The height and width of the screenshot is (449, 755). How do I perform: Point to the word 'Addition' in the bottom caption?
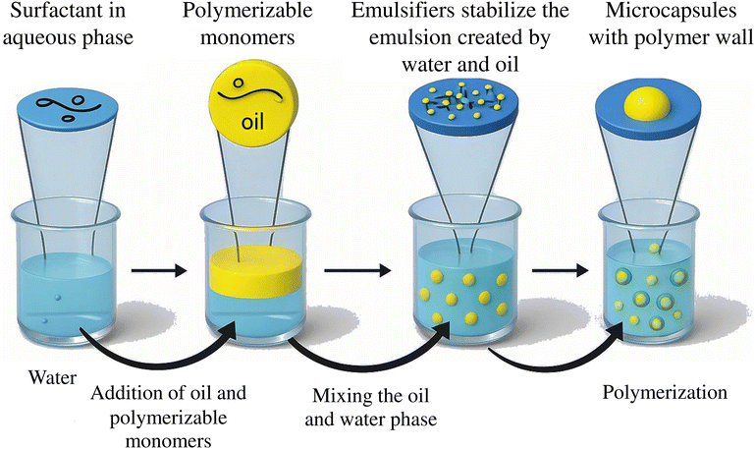[122, 393]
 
